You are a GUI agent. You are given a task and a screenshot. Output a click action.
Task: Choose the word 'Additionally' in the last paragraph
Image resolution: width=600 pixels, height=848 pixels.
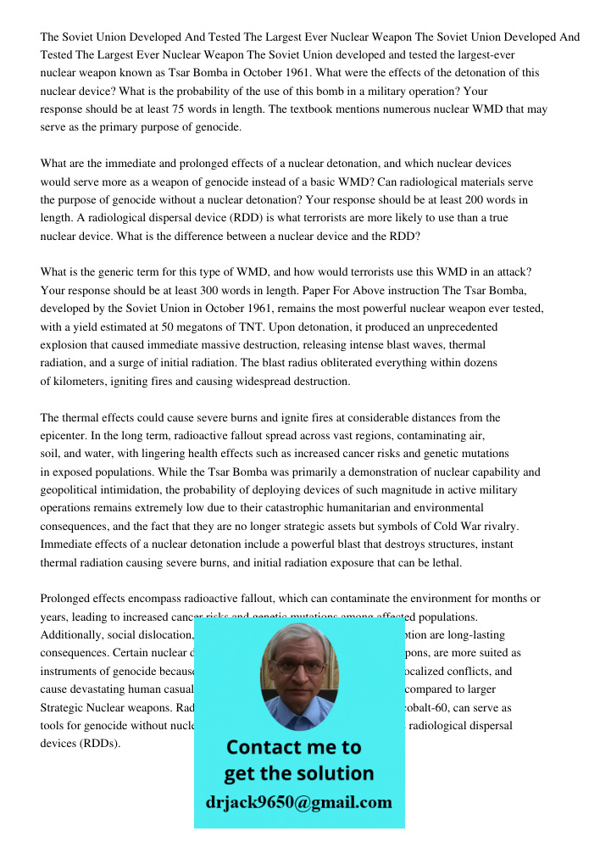[71, 635]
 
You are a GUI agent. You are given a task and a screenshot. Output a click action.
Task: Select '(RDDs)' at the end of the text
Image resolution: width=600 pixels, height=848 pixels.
[102, 743]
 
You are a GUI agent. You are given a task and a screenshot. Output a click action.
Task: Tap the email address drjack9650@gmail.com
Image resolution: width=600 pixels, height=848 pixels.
[298, 802]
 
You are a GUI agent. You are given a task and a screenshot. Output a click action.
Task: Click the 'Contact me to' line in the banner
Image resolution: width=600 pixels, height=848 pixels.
[293, 747]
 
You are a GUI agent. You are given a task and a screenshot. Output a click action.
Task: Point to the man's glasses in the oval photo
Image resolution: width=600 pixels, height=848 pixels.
[298, 667]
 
